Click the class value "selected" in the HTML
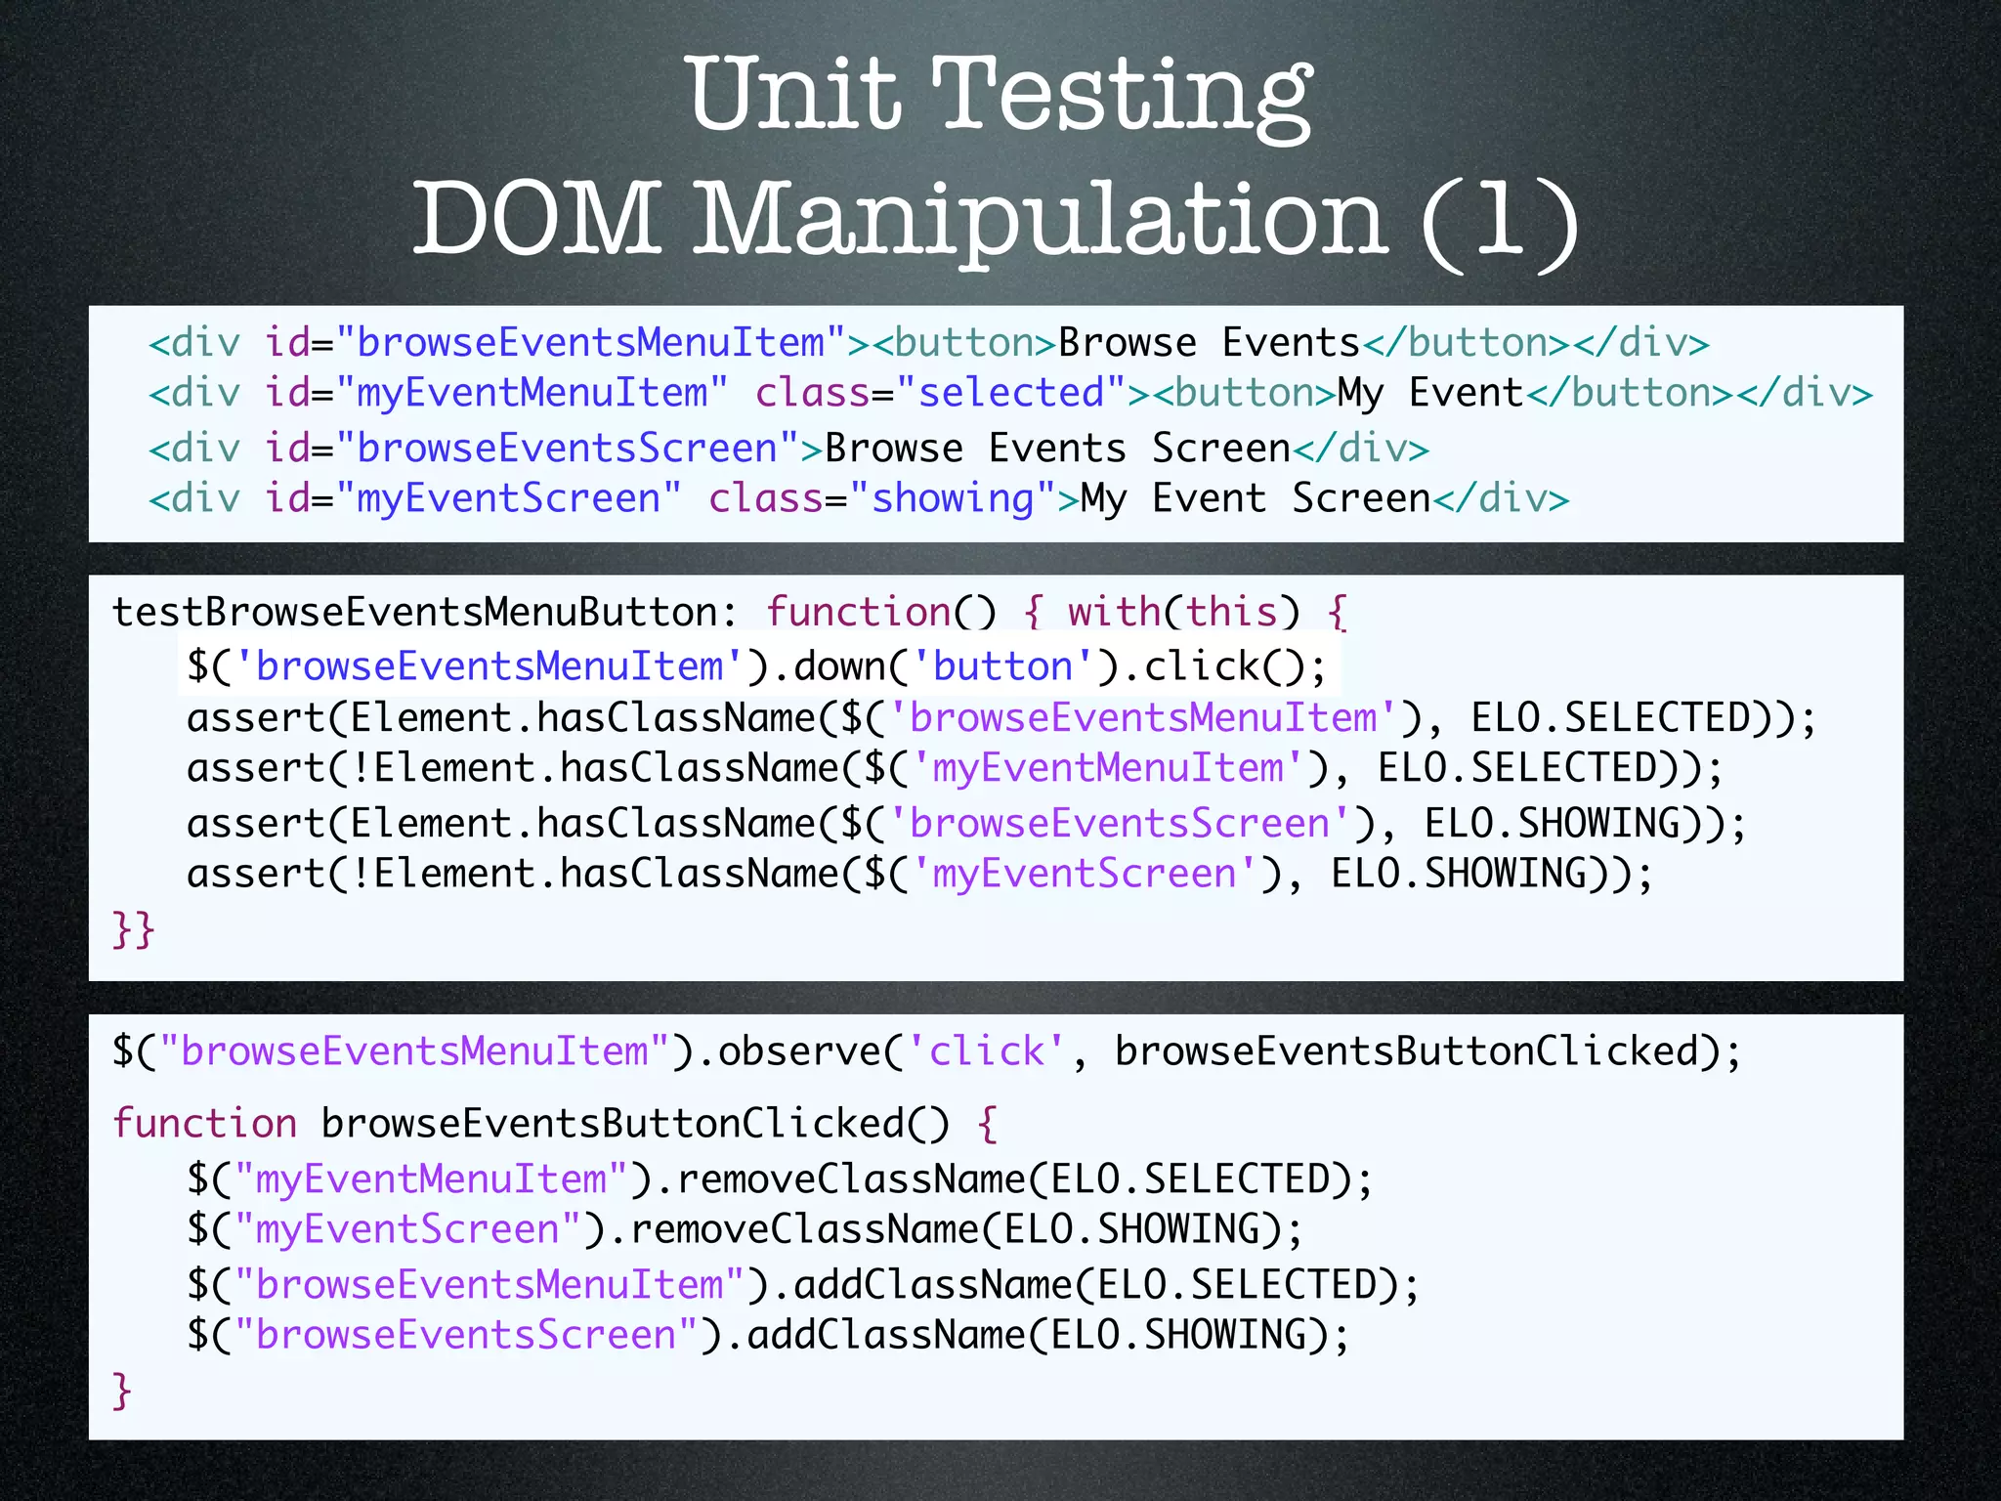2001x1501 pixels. pyautogui.click(x=1010, y=393)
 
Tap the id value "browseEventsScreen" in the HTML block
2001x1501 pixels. pyautogui.click(x=567, y=449)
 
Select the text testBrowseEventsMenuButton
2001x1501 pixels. pyautogui.click(x=415, y=613)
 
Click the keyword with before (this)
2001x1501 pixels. pyautogui.click(x=1114, y=613)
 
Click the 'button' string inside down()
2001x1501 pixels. pyautogui.click(x=1002, y=666)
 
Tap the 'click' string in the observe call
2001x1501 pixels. pyautogui.click(x=986, y=1051)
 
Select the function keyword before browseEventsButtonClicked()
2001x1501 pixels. pyautogui.click(x=204, y=1124)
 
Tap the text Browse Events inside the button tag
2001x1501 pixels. pyautogui.click(x=1209, y=343)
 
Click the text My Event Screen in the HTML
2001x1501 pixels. pyautogui.click(x=1255, y=498)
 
